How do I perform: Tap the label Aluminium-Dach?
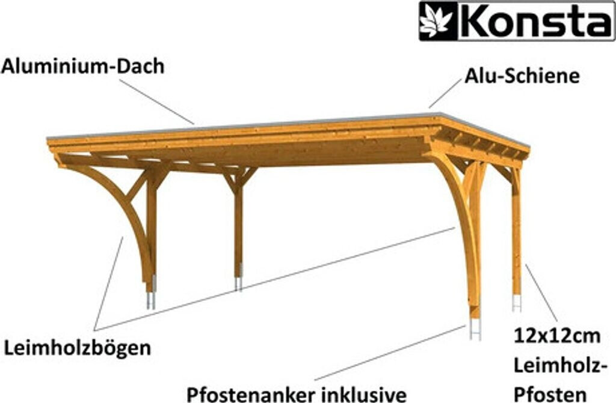point(82,67)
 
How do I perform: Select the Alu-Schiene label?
point(522,76)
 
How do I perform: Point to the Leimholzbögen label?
point(78,347)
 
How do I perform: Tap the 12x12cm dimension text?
point(557,335)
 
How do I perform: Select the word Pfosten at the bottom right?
point(550,394)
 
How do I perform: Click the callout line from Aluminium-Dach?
point(160,103)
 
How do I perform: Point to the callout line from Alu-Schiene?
point(445,95)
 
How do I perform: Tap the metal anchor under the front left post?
point(150,297)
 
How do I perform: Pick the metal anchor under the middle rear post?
point(238,282)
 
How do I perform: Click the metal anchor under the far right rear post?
point(516,302)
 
